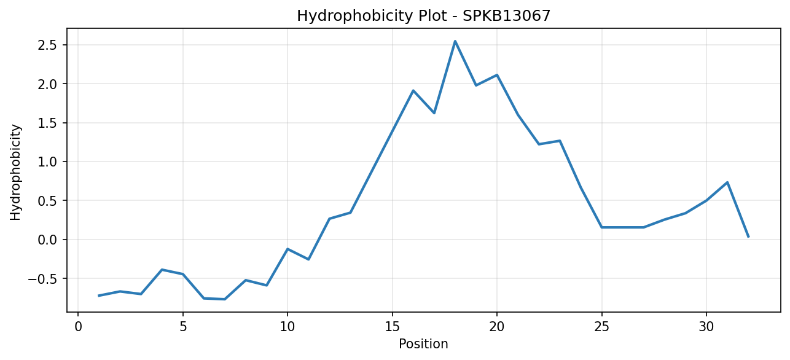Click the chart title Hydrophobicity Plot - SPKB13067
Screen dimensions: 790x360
[424, 16]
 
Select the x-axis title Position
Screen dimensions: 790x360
[423, 344]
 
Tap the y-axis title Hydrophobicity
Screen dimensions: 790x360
[15, 173]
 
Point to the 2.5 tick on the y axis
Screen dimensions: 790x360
[48, 45]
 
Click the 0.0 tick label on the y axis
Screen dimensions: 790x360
[48, 240]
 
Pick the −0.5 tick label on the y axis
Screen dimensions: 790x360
[42, 278]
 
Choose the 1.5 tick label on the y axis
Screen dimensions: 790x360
[48, 123]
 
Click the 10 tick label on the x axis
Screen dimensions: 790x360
[287, 327]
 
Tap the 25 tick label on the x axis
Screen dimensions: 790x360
[601, 327]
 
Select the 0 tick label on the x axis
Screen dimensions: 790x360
[78, 327]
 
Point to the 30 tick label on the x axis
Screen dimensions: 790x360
[706, 327]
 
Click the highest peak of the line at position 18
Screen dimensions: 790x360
[455, 41]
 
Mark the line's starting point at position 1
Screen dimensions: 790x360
[99, 295]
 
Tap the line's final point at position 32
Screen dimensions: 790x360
[748, 237]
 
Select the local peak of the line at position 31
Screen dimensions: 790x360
[727, 182]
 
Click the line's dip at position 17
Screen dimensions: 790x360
[434, 113]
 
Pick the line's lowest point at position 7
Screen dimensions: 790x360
[225, 299]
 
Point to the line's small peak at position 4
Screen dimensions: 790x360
[162, 270]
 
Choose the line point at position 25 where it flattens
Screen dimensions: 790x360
[601, 227]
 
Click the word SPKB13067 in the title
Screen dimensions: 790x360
[506, 16]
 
